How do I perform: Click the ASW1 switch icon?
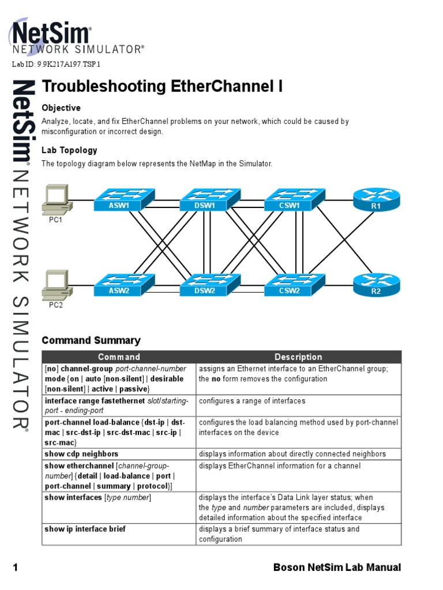[124, 199]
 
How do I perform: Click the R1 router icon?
[376, 199]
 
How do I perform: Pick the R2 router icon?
[376, 285]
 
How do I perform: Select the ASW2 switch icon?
[124, 285]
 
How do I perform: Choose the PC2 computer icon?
[57, 285]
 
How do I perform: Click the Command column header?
[119, 357]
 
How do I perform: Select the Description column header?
[298, 357]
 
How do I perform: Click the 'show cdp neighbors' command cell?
[82, 454]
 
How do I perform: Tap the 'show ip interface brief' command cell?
[85, 529]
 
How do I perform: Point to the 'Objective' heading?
[61, 108]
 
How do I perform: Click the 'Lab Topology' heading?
[69, 150]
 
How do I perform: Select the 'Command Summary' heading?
[91, 341]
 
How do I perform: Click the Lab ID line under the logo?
[57, 65]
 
